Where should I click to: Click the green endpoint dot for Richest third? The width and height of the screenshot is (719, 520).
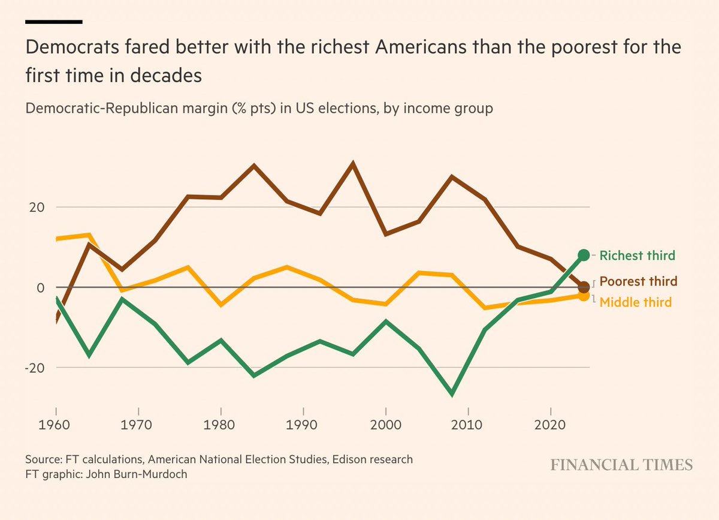[584, 255]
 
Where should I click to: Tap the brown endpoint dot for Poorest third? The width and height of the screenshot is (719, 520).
[584, 287]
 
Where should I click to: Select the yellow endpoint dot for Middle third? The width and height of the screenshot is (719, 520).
[584, 296]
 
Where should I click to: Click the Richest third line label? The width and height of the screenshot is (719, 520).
[637, 256]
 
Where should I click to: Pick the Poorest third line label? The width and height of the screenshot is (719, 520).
[638, 281]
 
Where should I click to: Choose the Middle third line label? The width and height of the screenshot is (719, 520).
[635, 302]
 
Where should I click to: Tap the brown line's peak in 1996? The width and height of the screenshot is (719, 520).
[353, 163]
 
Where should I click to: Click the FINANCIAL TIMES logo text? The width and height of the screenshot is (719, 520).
[621, 465]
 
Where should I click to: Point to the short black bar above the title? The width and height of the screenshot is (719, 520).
[53, 21]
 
